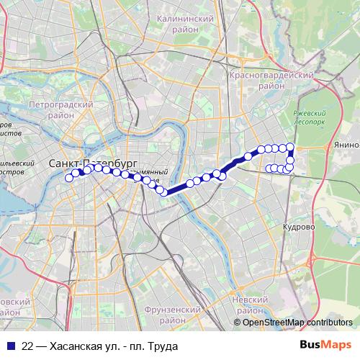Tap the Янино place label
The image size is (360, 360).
[x=346, y=145]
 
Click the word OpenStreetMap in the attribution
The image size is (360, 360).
[x=274, y=323]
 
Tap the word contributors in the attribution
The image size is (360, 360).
[x=329, y=323]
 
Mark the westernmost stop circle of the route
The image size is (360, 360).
[x=69, y=178]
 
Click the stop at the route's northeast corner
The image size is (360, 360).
[x=290, y=147]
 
